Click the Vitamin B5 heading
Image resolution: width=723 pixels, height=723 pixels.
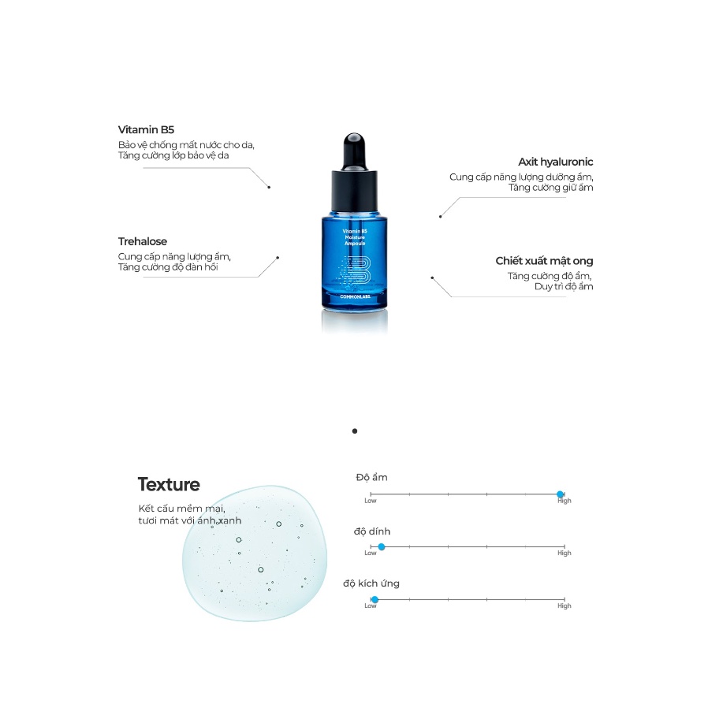pyautogui.click(x=146, y=130)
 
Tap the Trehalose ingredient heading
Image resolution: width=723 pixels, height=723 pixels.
pyautogui.click(x=143, y=241)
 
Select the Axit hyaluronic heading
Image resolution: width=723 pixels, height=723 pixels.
pyautogui.click(x=555, y=162)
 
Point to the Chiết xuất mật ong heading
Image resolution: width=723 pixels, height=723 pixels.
pyautogui.click(x=544, y=261)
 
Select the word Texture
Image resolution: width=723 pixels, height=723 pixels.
pyautogui.click(x=169, y=484)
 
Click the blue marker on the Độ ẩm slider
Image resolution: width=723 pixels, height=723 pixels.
pyautogui.click(x=561, y=494)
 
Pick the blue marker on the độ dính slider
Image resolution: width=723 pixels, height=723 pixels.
pyautogui.click(x=382, y=546)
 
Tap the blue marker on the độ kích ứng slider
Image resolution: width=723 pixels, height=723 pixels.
pyautogui.click(x=375, y=600)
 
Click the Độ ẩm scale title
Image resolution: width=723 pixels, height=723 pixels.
pyautogui.click(x=371, y=477)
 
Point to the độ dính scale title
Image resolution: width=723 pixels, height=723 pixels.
pyautogui.click(x=372, y=531)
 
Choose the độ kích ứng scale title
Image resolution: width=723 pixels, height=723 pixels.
pyautogui.click(x=371, y=583)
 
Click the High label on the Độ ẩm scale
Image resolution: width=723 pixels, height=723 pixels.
pyautogui.click(x=565, y=501)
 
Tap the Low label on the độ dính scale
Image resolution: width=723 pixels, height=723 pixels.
pyautogui.click(x=371, y=553)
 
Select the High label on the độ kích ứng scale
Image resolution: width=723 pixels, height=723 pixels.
pyautogui.click(x=565, y=606)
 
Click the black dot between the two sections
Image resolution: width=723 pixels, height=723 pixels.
pyautogui.click(x=355, y=431)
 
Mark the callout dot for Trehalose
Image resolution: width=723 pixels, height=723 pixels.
pyautogui.click(x=278, y=257)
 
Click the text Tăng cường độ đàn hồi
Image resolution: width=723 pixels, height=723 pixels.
pyautogui.click(x=167, y=267)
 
